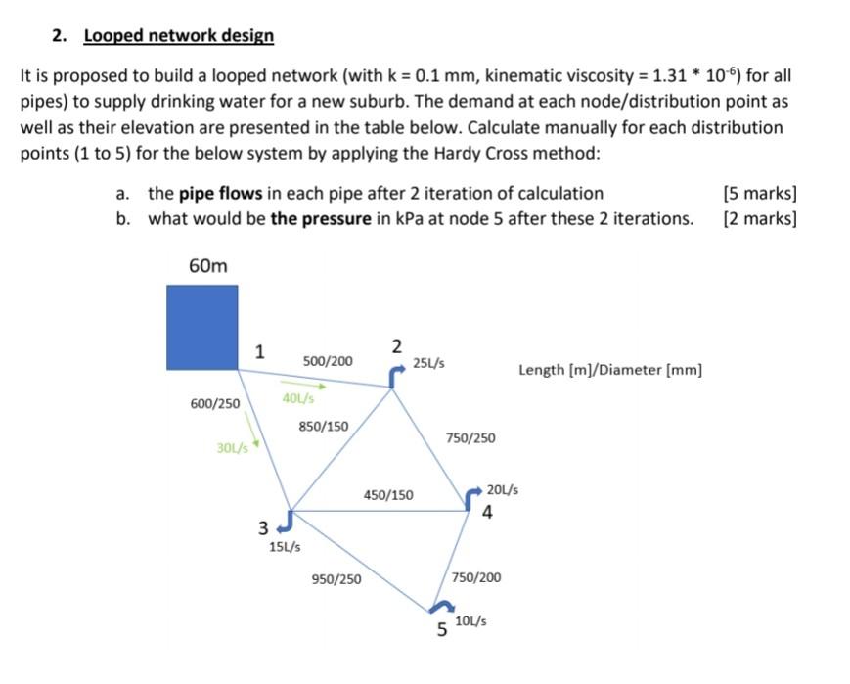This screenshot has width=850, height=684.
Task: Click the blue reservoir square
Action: click(202, 327)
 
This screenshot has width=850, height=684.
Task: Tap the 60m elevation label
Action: click(206, 266)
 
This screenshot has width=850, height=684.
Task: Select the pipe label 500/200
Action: click(328, 362)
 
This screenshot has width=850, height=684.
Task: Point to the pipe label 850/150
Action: click(323, 426)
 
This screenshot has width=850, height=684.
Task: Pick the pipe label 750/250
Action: click(470, 437)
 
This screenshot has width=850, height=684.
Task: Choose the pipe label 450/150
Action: click(388, 495)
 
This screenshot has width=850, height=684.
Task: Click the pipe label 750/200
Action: click(476, 577)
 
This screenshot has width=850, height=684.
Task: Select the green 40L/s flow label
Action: click(297, 398)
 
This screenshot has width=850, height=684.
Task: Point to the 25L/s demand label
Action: click(428, 363)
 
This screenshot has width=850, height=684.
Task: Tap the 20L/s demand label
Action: click(503, 489)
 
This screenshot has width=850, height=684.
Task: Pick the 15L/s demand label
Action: click(284, 546)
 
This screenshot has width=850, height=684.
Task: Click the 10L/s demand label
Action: click(471, 620)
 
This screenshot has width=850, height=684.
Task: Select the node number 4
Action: click(487, 510)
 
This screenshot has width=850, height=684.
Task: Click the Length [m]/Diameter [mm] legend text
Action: click(610, 370)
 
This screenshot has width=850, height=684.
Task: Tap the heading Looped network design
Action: click(178, 36)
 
